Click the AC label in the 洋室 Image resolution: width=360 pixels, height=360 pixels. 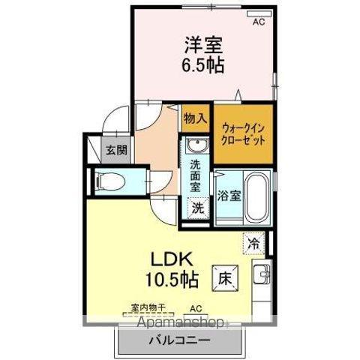259,22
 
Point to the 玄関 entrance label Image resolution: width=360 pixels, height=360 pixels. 115,148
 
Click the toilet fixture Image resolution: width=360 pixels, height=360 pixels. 108,180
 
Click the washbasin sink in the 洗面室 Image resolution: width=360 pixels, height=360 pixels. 196,145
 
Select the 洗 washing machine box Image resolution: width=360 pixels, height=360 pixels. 197,207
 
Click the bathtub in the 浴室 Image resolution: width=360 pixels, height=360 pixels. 258,196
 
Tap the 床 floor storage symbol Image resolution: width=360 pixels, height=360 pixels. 224,277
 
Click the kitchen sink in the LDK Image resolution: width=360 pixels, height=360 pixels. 262,276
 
